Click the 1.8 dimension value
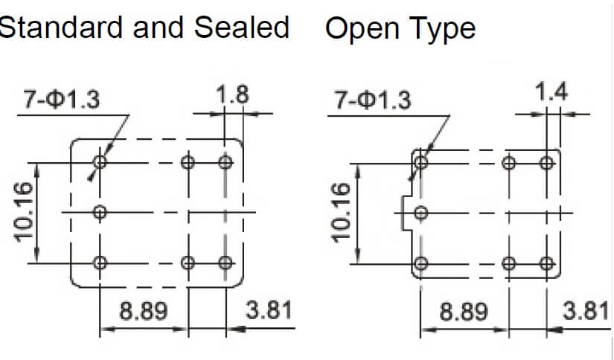pos(232,95)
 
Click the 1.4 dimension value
pos(551,92)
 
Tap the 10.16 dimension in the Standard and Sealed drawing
pos(24,213)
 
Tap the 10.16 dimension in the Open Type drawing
pos(341,213)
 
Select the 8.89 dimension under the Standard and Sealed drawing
pos(144,311)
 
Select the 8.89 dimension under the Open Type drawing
pos(464,312)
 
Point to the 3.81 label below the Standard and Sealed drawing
pos(269,310)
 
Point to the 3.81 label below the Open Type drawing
pos(586,311)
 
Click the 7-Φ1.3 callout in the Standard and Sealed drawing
pos(62,99)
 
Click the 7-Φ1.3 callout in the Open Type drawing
pos(373,100)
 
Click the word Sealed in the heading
pos(242,28)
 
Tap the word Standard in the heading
pos(61,28)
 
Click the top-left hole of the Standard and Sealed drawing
pos(100,161)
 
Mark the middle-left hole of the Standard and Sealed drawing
pos(100,213)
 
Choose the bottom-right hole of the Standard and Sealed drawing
pos(226,263)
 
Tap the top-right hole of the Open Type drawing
pos(547,163)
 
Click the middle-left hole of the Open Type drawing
pos(421,213)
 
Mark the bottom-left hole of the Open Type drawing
pos(421,263)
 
